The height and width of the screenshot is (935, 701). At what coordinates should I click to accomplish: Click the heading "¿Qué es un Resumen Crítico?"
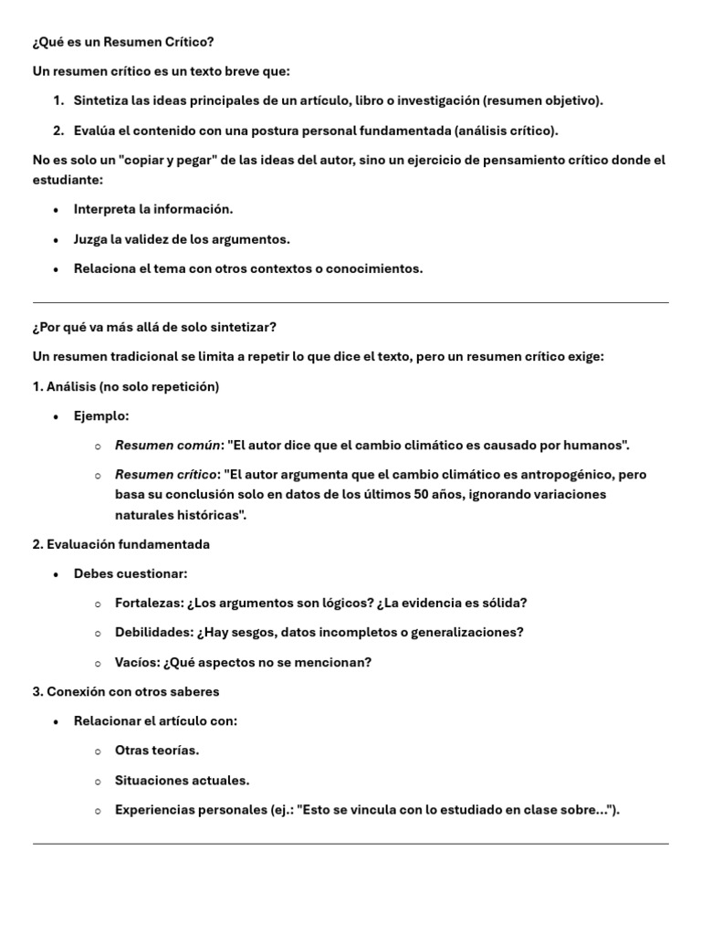[x=123, y=42]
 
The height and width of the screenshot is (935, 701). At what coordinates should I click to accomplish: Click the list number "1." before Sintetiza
[x=58, y=101]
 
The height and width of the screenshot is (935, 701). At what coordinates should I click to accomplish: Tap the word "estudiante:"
[x=67, y=180]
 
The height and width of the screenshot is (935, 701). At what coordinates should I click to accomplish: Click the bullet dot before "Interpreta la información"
[x=57, y=210]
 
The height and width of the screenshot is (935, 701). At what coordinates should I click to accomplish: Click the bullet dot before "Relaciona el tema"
[x=57, y=269]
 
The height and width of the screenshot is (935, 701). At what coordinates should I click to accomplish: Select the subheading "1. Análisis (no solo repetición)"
[x=126, y=386]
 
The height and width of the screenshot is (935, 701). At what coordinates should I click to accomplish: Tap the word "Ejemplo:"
[x=101, y=416]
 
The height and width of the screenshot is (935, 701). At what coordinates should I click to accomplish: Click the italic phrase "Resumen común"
[x=168, y=446]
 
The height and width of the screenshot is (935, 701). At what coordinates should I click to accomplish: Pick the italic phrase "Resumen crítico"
[x=167, y=475]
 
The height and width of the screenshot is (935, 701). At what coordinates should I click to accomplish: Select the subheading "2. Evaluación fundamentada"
[x=120, y=544]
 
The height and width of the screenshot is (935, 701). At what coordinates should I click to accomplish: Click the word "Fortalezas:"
[x=149, y=603]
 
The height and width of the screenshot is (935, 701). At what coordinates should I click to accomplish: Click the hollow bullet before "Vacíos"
[x=98, y=663]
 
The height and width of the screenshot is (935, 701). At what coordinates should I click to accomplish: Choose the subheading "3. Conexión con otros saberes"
[x=125, y=691]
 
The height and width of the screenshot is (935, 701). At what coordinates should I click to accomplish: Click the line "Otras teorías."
[x=156, y=751]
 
